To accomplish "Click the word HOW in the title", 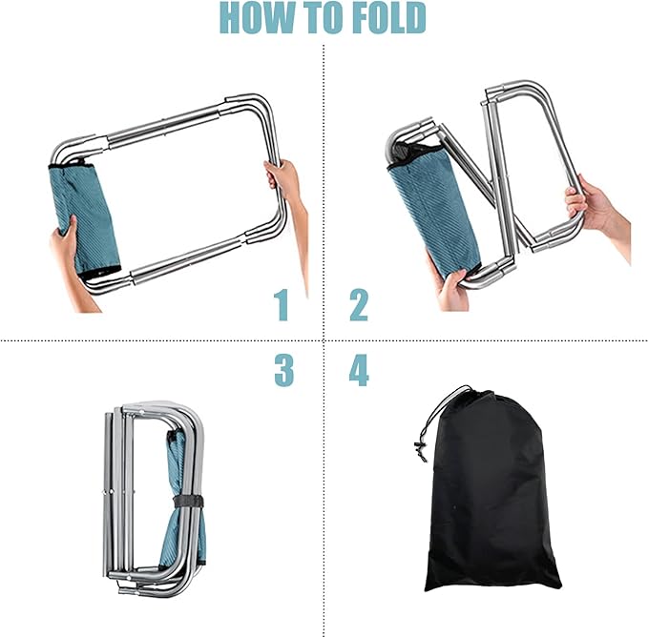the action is (257, 18).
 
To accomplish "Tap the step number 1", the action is (282, 304).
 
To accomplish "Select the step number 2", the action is (359, 304).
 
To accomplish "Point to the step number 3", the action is (283, 370).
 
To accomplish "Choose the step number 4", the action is (359, 370).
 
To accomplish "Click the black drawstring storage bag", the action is (491, 491).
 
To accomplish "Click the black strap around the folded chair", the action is (188, 502).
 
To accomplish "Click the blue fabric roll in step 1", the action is (84, 219).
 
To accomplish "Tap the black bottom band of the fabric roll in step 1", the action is (99, 273).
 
